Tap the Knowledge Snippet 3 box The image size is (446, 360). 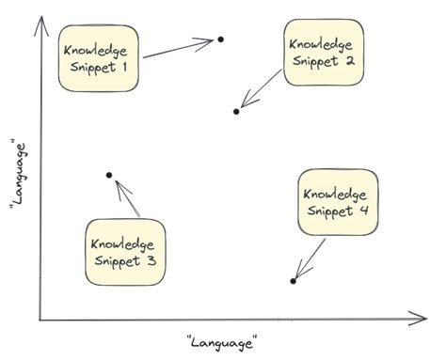point(124,251)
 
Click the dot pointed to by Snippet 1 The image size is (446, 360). point(220,39)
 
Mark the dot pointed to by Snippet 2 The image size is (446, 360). point(236,112)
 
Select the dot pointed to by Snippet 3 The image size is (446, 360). point(109,176)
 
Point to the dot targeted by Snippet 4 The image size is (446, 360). point(294,281)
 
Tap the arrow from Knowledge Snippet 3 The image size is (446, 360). point(126,199)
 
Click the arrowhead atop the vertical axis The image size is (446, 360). point(40,20)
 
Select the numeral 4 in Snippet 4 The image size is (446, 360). point(363,211)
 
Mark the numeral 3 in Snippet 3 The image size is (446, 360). point(151,261)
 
